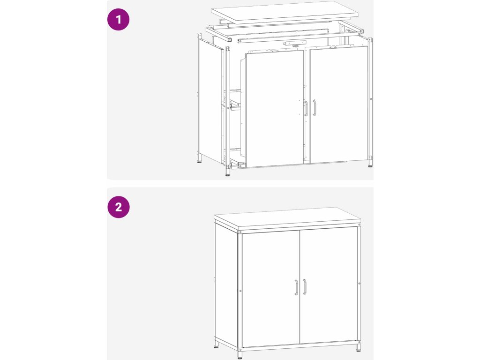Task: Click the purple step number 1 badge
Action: [118, 20]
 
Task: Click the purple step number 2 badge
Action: [119, 207]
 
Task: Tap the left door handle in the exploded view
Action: [306, 108]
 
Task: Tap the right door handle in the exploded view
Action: [315, 108]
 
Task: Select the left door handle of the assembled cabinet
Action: [296, 287]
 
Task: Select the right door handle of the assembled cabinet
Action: [305, 287]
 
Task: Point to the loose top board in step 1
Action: [285, 12]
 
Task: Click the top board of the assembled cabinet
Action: [287, 218]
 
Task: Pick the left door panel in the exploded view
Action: [275, 109]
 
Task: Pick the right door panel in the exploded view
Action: [339, 105]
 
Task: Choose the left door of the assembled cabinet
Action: [271, 289]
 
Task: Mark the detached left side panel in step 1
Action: [210, 101]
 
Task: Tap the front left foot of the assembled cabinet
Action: [240, 355]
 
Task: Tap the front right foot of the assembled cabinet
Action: [359, 347]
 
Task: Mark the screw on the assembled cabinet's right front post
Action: [359, 284]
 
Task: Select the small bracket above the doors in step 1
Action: [295, 43]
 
